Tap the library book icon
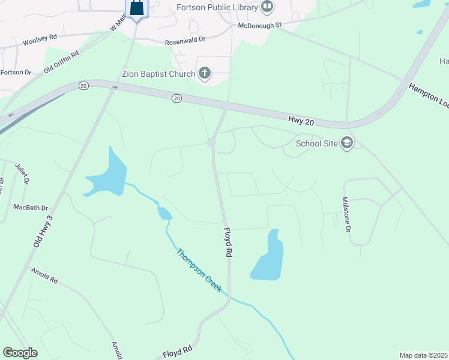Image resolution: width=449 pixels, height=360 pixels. point(268,7)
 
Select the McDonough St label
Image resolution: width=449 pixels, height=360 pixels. point(260,26)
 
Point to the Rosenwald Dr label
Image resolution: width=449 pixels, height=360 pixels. point(185,41)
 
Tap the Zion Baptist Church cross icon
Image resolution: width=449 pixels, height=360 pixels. point(205,74)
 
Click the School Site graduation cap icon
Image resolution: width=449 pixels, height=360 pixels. point(346,143)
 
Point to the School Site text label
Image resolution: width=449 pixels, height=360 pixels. point(316,143)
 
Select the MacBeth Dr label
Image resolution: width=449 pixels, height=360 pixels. point(31,208)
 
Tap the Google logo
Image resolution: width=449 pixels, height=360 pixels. point(20,353)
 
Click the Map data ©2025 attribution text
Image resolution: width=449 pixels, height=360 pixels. point(424,355)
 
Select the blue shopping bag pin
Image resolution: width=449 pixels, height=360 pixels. point(136,9)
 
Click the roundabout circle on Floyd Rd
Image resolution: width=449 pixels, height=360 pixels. point(211,142)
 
